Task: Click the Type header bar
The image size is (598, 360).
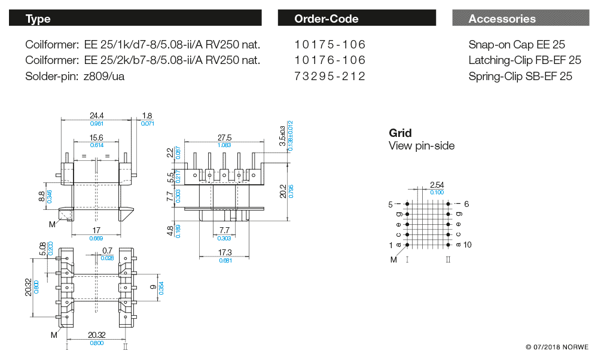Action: [135, 19]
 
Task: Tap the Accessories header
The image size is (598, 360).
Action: [520, 19]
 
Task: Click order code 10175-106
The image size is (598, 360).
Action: [330, 45]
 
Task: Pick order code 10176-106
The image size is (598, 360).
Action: [330, 60]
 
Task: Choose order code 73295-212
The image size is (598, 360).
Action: [330, 76]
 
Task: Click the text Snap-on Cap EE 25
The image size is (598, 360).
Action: [517, 45]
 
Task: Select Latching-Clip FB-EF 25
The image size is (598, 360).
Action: [524, 60]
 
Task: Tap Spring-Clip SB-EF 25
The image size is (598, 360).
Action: [520, 76]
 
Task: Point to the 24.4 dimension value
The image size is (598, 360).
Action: [97, 115]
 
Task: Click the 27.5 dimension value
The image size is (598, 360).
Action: [224, 138]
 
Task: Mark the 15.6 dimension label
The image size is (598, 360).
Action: [96, 138]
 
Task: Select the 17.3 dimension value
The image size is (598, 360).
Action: [225, 253]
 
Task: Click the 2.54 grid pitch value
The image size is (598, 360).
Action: [437, 185]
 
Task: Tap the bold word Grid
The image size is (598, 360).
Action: [400, 133]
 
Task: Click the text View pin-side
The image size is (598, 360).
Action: [422, 146]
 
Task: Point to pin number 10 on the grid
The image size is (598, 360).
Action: [467, 245]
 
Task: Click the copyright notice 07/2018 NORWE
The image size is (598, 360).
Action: [557, 347]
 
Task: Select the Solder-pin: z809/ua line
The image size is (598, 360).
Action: [75, 76]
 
